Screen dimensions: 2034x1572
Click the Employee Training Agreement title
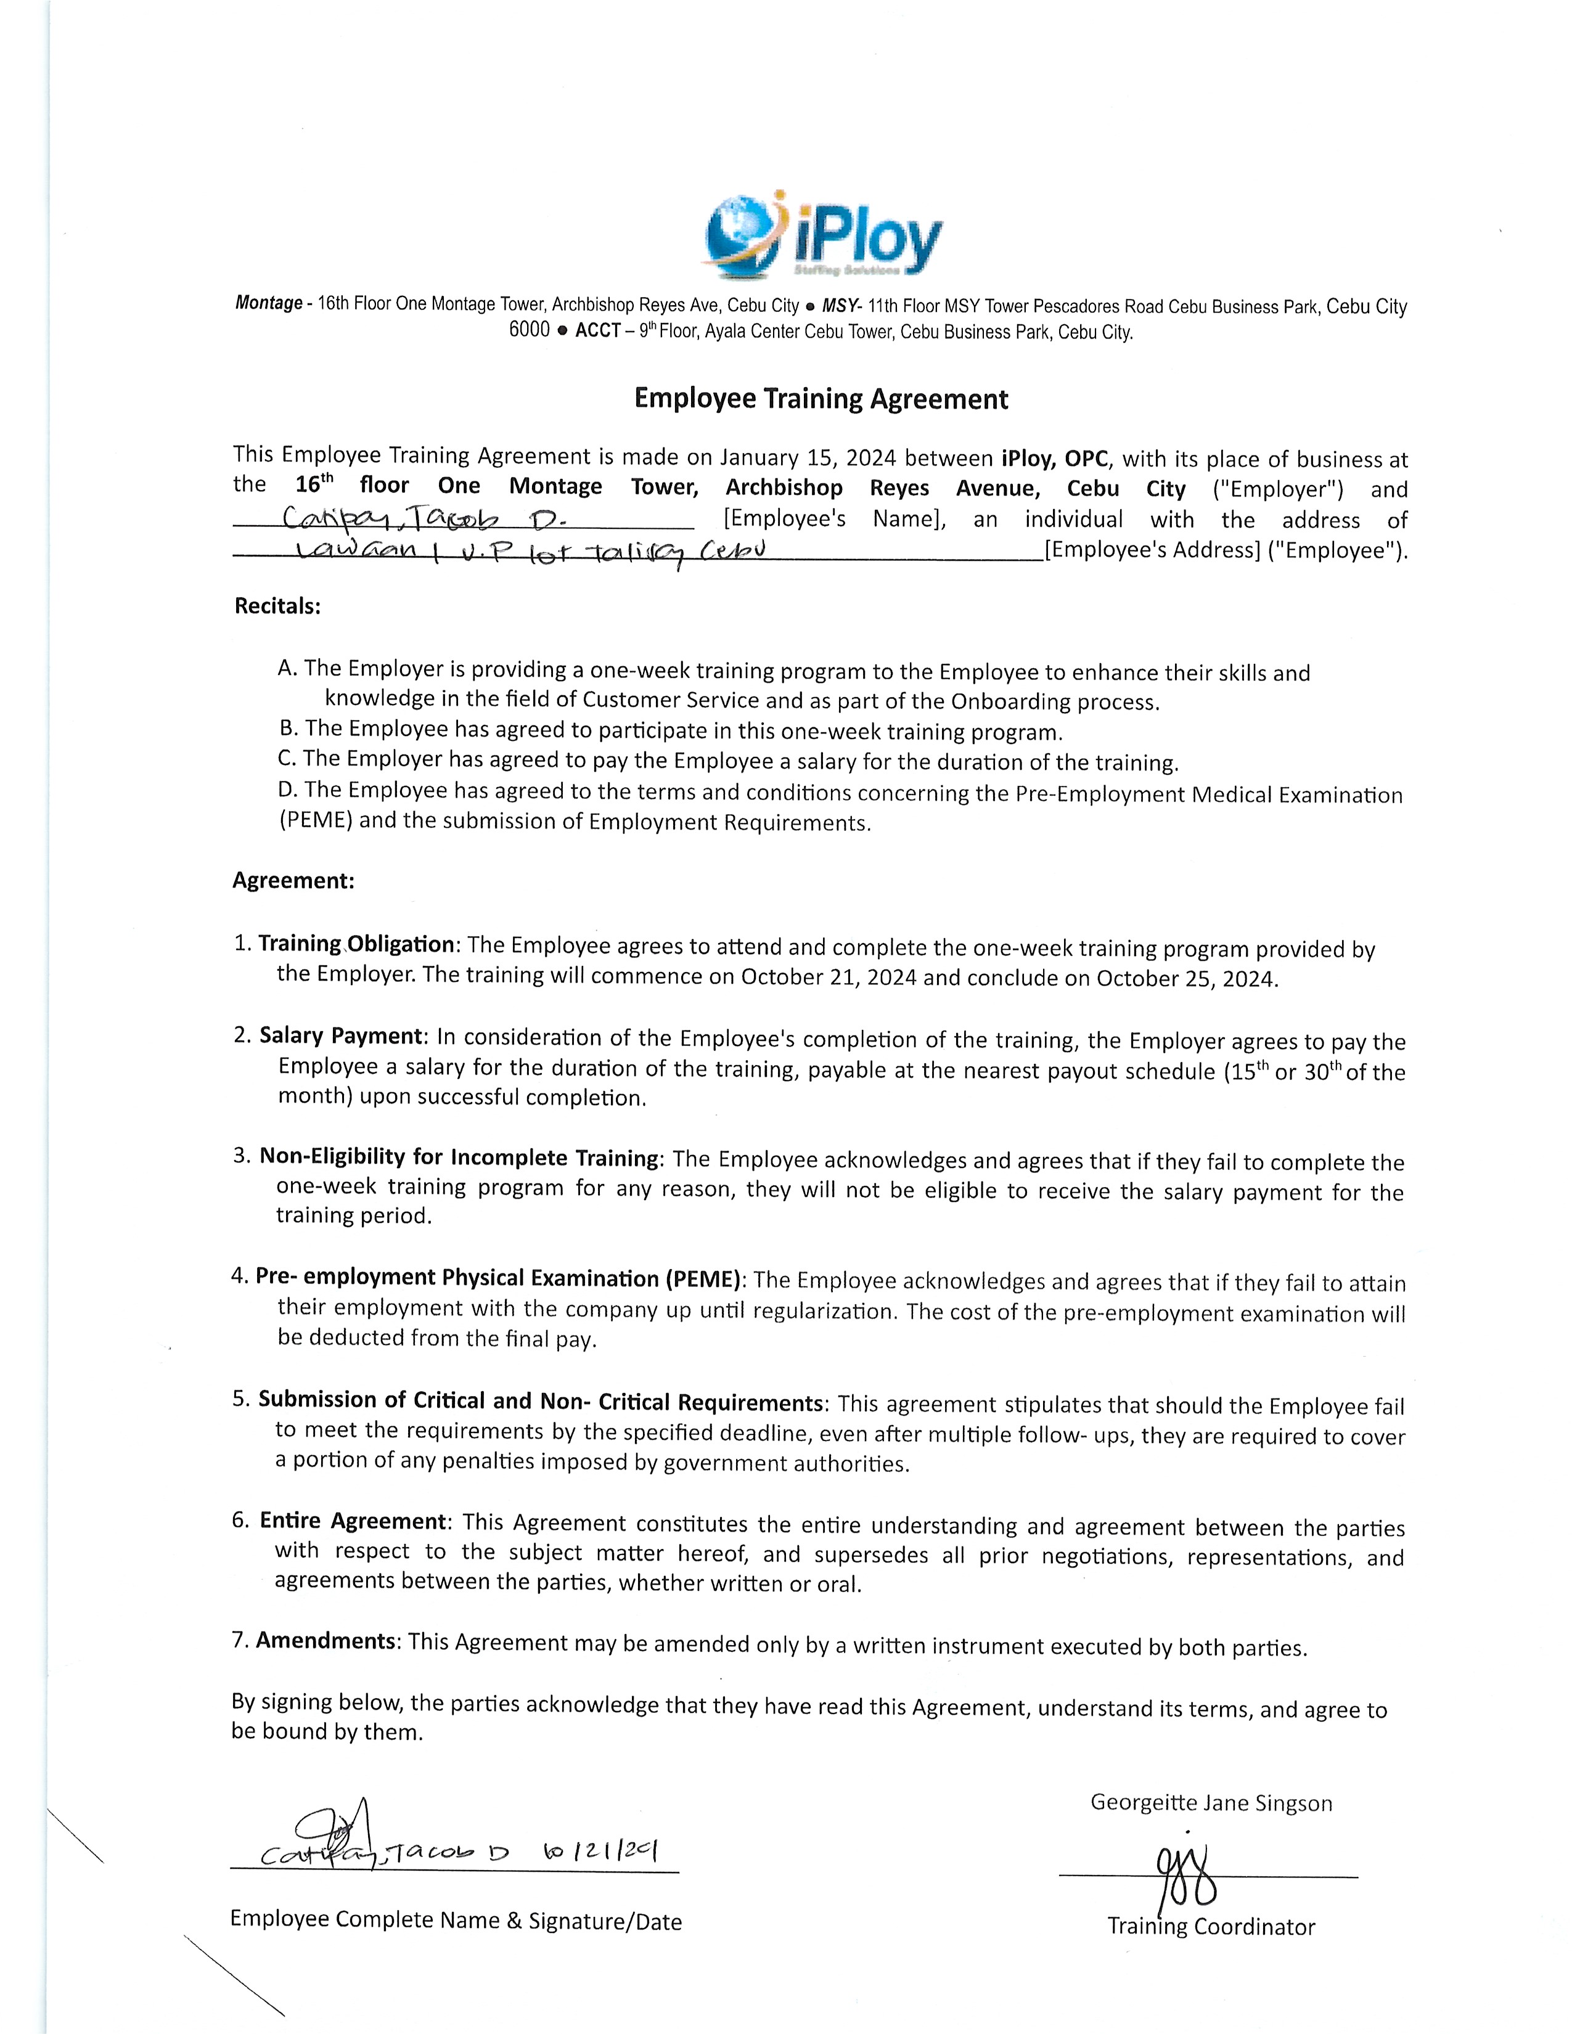[821, 399]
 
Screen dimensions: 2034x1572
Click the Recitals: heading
[277, 607]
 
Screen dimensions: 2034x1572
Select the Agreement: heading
[292, 880]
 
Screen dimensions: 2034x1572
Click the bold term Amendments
[326, 1640]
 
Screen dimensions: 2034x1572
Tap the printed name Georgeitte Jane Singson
[1211, 1803]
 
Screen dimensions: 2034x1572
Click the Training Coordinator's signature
[1185, 1875]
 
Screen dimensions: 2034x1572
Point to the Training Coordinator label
[1211, 1927]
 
